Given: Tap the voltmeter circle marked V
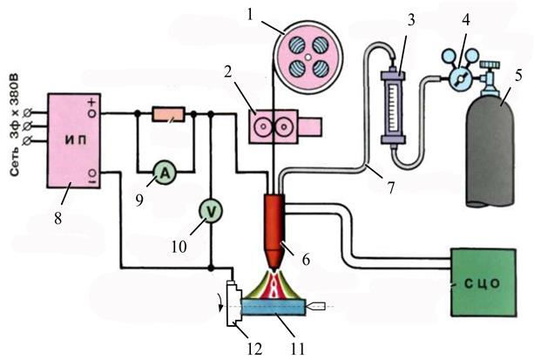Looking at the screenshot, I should (x=210, y=209).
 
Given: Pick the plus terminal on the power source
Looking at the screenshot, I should (x=93, y=111).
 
